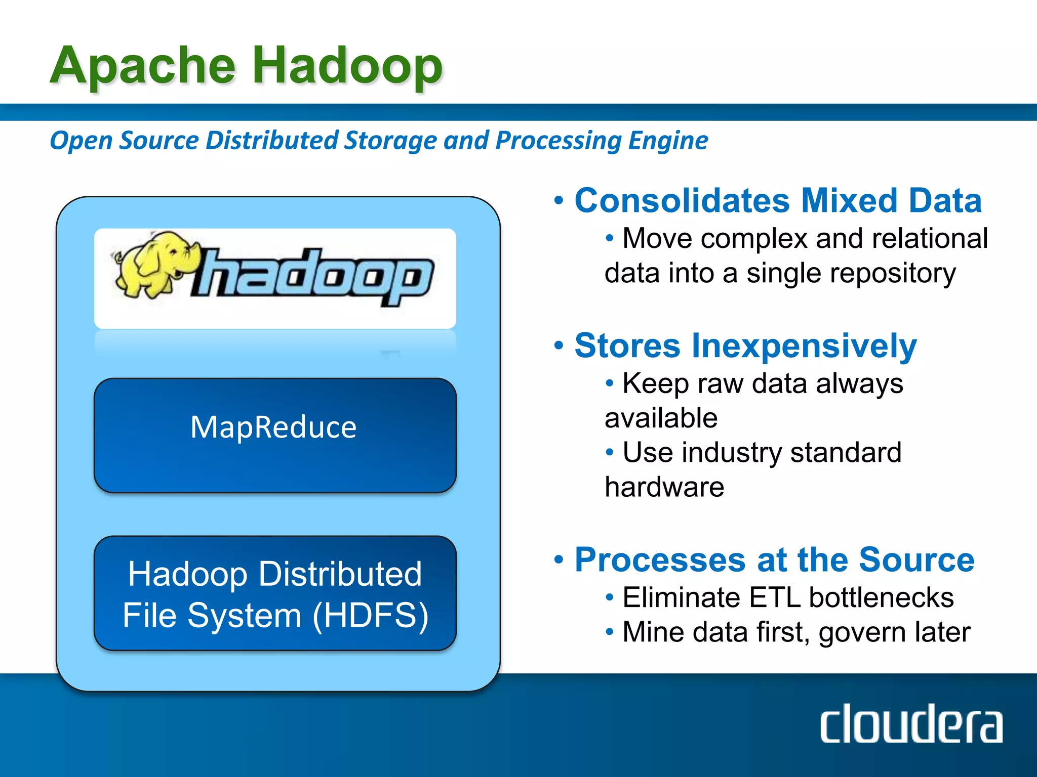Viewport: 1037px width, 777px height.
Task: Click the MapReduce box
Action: [275, 436]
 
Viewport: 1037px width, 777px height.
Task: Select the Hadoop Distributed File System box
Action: [275, 593]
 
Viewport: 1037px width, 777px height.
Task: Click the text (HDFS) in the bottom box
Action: [371, 616]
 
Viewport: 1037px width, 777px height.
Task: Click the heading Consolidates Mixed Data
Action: [778, 201]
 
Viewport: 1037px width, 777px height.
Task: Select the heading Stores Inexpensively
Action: [745, 346]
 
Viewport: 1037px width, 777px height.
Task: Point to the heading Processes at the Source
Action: [774, 560]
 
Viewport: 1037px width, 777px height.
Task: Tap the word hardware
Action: [664, 487]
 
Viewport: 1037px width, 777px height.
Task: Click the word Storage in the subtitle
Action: [390, 141]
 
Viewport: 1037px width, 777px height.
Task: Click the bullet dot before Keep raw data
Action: [610, 383]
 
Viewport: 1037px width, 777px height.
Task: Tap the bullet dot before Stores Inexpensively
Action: [559, 346]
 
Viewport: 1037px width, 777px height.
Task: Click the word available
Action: [661, 418]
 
